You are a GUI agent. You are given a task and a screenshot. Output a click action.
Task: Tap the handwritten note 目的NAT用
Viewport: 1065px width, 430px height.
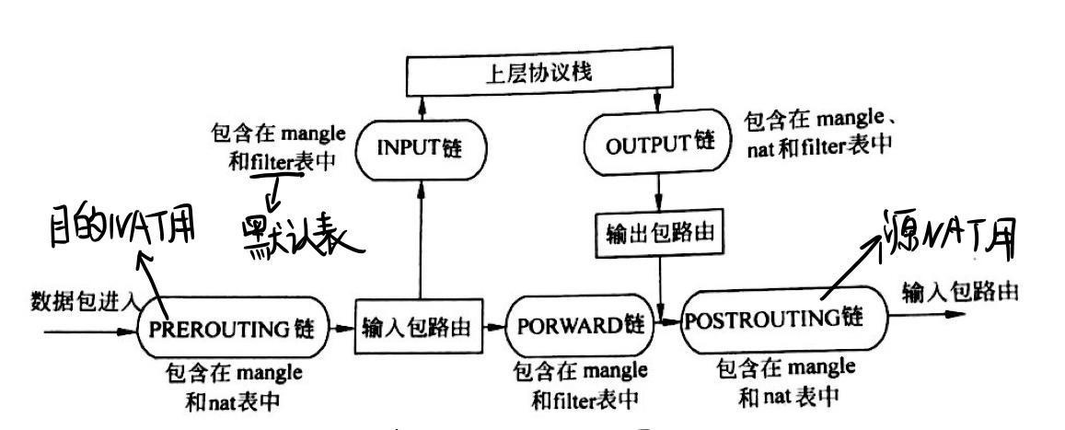pos(110,225)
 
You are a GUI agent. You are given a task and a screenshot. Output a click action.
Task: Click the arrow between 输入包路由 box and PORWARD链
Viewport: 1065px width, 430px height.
pos(496,328)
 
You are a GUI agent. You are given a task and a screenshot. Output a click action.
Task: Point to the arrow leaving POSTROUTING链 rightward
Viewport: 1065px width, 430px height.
pos(920,315)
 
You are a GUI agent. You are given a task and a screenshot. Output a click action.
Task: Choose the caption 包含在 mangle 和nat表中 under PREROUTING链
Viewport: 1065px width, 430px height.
pos(235,388)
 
